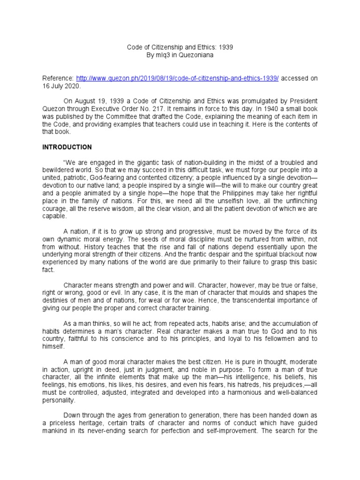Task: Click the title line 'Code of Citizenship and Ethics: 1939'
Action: click(x=180, y=47)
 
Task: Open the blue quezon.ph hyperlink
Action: click(x=177, y=79)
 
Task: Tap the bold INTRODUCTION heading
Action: click(x=67, y=147)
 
